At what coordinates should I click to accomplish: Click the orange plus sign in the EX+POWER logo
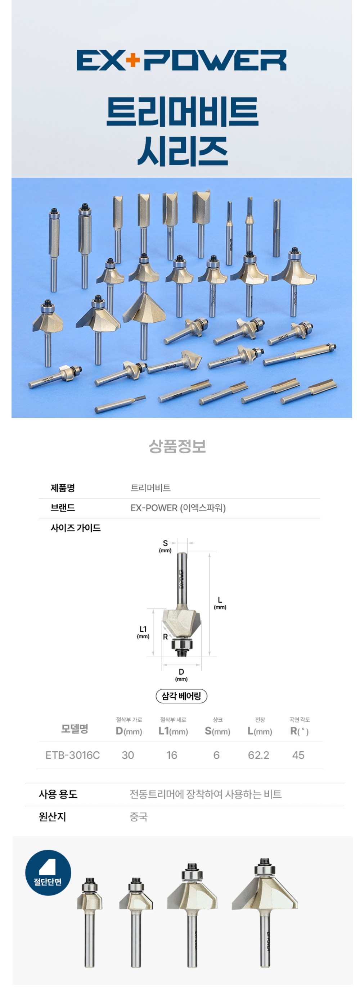(x=133, y=60)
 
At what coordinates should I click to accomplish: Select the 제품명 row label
(x=62, y=488)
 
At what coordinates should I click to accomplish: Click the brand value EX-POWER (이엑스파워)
(x=178, y=507)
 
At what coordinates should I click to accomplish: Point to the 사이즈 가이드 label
(x=76, y=527)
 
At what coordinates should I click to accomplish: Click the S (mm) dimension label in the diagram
(x=165, y=546)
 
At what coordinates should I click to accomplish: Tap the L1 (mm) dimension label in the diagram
(x=143, y=632)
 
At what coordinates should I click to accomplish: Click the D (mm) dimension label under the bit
(x=181, y=675)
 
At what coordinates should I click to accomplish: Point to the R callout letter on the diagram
(x=165, y=637)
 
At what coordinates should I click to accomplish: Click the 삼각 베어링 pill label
(x=181, y=696)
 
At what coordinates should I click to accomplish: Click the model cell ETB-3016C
(x=72, y=755)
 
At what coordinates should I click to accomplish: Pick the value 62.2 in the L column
(x=258, y=755)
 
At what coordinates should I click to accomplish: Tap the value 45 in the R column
(x=298, y=755)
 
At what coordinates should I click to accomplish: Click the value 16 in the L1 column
(x=172, y=755)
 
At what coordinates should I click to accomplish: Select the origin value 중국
(x=139, y=817)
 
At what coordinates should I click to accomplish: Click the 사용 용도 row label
(x=58, y=794)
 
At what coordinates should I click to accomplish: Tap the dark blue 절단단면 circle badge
(x=48, y=873)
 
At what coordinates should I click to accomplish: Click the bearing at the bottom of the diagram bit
(x=181, y=645)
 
